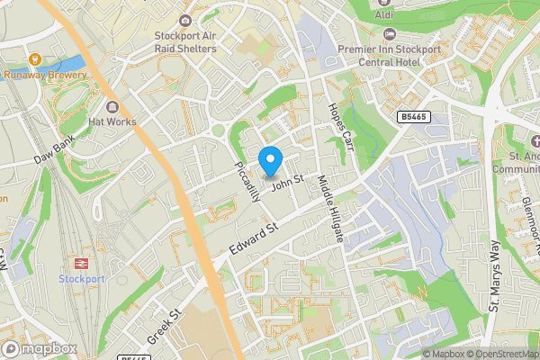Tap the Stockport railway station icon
coord(81,263)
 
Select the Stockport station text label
coord(82,279)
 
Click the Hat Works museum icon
coord(112,106)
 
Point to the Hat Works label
coord(112,121)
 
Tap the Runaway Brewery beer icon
coord(36,60)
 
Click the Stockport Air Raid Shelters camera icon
coord(185,21)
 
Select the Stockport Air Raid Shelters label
coord(185,42)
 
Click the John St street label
coord(283,183)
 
